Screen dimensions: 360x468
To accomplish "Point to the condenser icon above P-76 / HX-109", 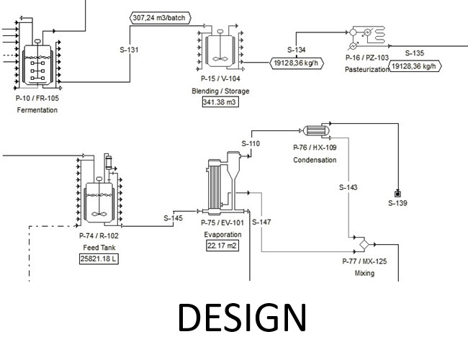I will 315,130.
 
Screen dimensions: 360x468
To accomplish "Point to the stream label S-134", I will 297,50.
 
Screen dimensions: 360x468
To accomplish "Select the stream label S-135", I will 413,53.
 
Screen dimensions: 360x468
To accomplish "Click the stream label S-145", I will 173,218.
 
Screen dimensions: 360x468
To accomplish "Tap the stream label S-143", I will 348,187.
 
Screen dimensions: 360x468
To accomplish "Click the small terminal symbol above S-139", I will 397,192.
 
